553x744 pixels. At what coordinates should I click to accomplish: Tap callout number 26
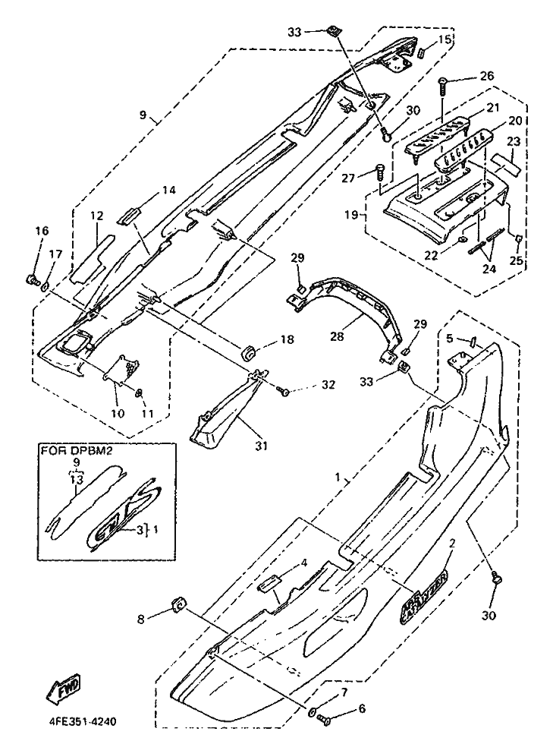coord(486,77)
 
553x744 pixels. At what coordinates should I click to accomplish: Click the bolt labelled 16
coord(33,280)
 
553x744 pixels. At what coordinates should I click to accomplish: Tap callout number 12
coord(96,216)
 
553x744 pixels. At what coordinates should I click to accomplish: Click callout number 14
coord(168,191)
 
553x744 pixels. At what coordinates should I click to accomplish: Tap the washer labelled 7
coord(313,712)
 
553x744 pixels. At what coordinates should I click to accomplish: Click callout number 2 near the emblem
coord(452,544)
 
